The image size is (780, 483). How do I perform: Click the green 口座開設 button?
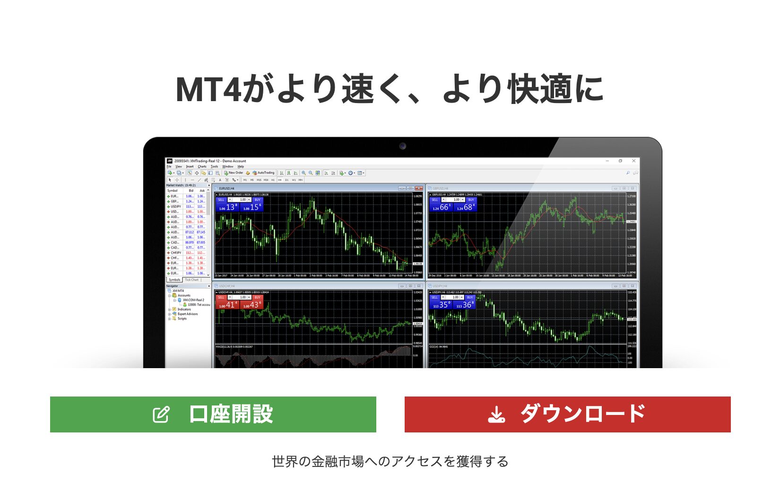pyautogui.click(x=213, y=414)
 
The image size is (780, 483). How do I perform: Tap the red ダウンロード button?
pyautogui.click(x=567, y=414)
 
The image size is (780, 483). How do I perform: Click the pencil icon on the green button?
pyautogui.click(x=161, y=414)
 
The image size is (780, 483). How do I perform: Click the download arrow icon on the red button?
pyautogui.click(x=496, y=414)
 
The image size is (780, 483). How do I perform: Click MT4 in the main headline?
pyautogui.click(x=208, y=89)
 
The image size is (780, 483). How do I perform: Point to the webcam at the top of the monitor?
pyautogui.click(x=402, y=146)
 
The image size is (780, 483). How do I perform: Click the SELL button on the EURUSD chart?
pyautogui.click(x=221, y=200)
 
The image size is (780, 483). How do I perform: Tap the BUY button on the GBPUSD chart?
pyautogui.click(x=471, y=200)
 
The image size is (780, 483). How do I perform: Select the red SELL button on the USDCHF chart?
pyautogui.click(x=221, y=297)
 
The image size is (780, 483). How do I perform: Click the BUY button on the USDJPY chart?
pyautogui.click(x=469, y=297)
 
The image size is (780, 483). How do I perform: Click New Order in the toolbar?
pyautogui.click(x=234, y=173)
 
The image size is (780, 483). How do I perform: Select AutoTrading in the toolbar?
pyautogui.click(x=264, y=173)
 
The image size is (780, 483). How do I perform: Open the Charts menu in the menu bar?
pyautogui.click(x=202, y=166)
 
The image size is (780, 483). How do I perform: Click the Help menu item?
pyautogui.click(x=241, y=166)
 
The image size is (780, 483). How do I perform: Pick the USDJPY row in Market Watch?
pyautogui.click(x=175, y=207)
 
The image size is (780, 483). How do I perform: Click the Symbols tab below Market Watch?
pyautogui.click(x=174, y=280)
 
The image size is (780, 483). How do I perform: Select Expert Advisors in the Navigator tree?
pyautogui.click(x=187, y=314)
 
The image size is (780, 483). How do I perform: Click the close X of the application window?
pyautogui.click(x=633, y=161)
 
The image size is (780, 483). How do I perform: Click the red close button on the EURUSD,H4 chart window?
pyautogui.click(x=419, y=188)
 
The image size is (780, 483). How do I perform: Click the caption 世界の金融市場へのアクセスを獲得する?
pyautogui.click(x=390, y=461)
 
